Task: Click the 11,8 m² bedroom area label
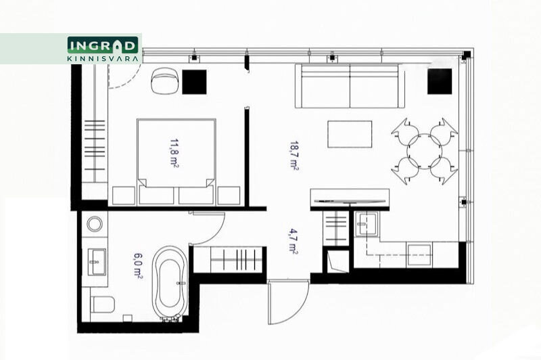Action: (x=174, y=153)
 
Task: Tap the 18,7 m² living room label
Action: (x=294, y=156)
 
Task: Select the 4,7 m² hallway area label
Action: (x=293, y=241)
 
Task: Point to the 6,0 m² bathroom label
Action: (x=138, y=265)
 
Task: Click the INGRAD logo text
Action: (x=103, y=45)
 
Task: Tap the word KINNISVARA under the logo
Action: (x=103, y=59)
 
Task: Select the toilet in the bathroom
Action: (x=102, y=305)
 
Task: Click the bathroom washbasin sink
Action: (x=97, y=262)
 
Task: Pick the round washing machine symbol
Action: (x=95, y=224)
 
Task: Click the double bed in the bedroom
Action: (x=177, y=162)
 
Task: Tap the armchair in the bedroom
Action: (x=164, y=81)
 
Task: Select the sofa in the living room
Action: (x=350, y=86)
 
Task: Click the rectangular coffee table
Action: (x=350, y=134)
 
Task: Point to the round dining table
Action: (x=425, y=151)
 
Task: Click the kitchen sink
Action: (x=367, y=224)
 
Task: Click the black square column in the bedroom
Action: (x=194, y=82)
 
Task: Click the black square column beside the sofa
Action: (x=440, y=81)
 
